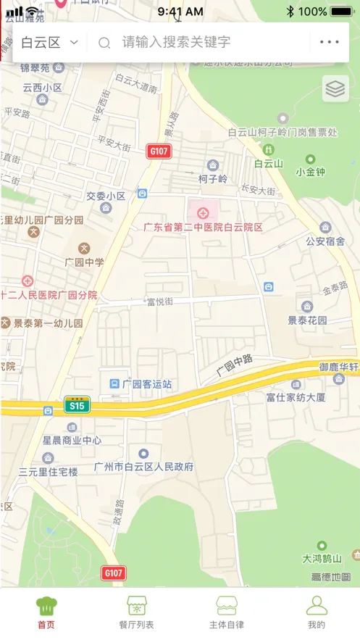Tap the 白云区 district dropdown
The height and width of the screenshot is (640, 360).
coord(49,42)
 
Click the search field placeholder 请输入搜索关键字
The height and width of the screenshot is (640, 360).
coord(175,42)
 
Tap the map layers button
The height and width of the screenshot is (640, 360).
coord(335,88)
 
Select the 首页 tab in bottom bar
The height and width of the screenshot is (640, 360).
coord(46,612)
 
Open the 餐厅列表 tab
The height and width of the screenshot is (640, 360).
coord(136,612)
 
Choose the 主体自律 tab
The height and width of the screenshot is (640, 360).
coord(226,612)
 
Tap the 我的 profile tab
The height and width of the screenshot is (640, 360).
coord(317,612)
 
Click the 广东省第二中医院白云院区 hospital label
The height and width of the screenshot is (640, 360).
coord(203,227)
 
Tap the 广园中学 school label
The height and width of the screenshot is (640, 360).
coord(84,262)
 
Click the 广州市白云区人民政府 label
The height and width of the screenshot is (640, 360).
coord(144,467)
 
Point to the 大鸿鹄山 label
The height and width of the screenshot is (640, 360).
coord(322,559)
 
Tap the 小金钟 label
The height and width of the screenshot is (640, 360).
coord(310,172)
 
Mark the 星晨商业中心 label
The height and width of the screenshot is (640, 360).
coord(72,440)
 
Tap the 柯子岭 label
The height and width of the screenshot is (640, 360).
coord(212,178)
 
